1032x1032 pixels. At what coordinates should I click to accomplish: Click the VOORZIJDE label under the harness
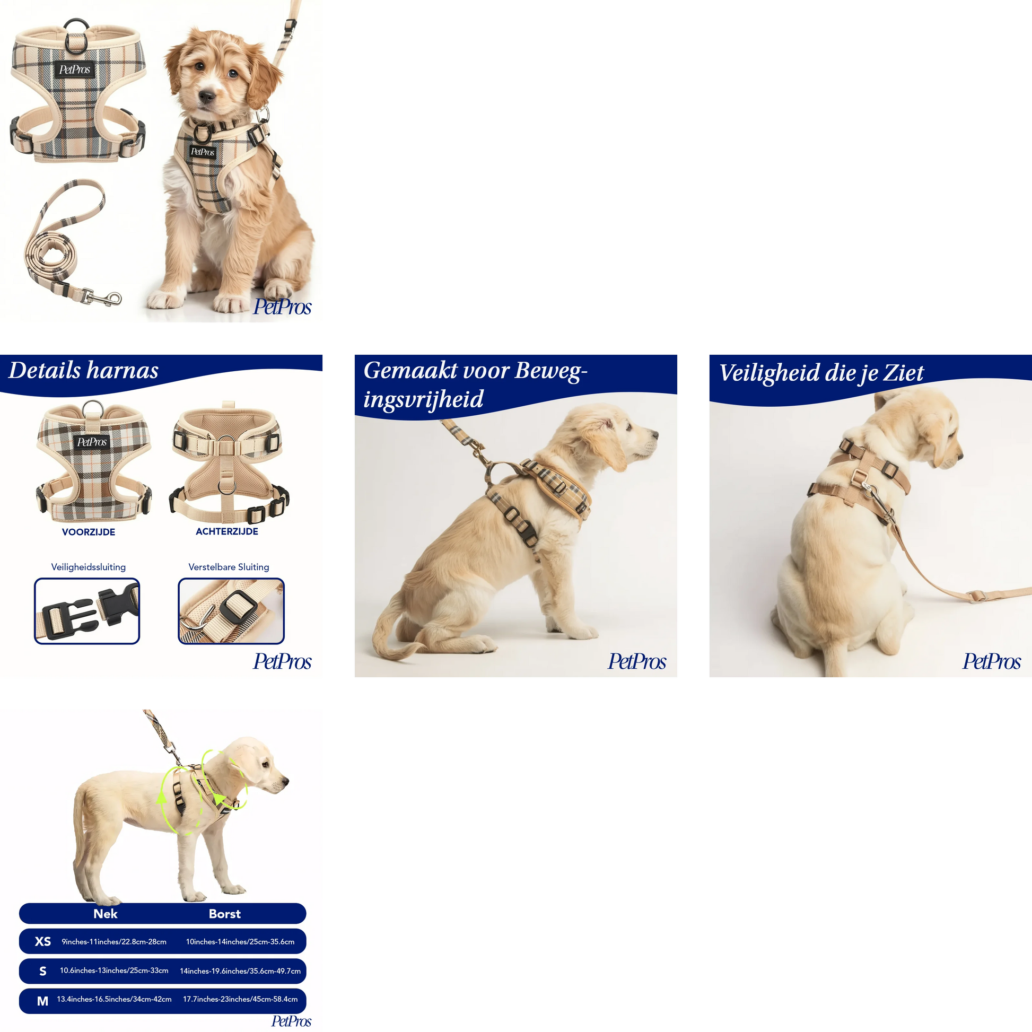click(x=89, y=532)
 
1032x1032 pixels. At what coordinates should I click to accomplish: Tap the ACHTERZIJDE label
click(x=227, y=531)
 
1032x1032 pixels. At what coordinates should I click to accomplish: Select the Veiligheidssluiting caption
click(x=89, y=567)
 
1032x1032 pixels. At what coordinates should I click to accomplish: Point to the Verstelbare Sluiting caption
click(x=229, y=567)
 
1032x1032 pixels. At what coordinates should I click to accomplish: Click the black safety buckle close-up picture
click(x=87, y=611)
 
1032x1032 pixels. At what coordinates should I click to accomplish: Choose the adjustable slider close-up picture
click(x=231, y=611)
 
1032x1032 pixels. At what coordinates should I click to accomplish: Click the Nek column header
click(x=105, y=913)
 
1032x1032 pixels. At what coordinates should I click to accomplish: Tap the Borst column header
click(x=224, y=914)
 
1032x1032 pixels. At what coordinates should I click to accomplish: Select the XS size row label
click(x=43, y=941)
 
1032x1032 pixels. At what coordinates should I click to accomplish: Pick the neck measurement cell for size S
click(x=114, y=970)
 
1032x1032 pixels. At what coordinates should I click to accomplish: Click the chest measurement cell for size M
click(x=240, y=999)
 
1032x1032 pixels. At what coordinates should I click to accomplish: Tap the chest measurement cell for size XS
click(x=240, y=942)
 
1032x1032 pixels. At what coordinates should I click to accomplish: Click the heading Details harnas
click(x=83, y=370)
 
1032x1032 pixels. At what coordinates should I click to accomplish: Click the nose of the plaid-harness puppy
click(x=207, y=96)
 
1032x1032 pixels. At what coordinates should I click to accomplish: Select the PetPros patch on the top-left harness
click(x=74, y=69)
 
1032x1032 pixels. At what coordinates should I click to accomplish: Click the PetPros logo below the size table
click(x=291, y=1021)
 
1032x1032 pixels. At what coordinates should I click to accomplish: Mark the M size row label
click(x=43, y=1001)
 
